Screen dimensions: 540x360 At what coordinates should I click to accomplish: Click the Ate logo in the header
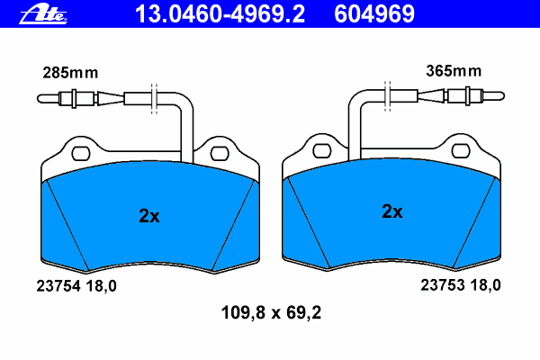tap(43, 14)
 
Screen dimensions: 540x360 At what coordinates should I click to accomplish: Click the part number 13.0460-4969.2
tap(220, 14)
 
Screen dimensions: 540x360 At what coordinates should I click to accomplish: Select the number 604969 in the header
tap(374, 14)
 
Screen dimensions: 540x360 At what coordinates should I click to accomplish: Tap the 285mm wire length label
tap(70, 73)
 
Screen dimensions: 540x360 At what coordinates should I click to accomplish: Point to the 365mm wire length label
tap(454, 71)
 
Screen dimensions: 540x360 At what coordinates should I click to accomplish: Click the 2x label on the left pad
tap(149, 216)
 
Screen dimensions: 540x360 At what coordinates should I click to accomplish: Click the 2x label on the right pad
tap(391, 211)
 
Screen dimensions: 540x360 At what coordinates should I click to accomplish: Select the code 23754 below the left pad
tap(58, 286)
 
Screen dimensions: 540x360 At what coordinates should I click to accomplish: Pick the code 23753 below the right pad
tap(443, 285)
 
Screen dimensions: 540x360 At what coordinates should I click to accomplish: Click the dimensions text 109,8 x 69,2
tap(271, 313)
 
